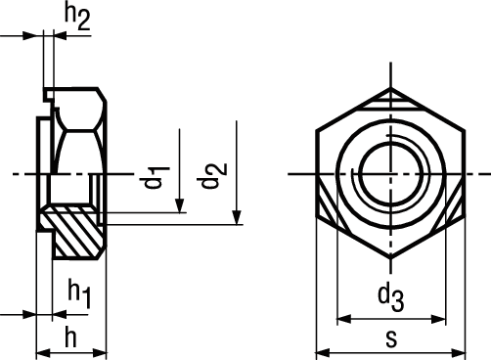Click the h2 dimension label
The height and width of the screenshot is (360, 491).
tap(77, 17)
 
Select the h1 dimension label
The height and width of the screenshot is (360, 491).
tap(79, 292)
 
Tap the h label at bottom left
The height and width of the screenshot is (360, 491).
tap(70, 337)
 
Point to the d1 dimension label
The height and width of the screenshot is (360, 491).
tap(156, 177)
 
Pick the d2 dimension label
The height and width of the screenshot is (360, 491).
tap(214, 175)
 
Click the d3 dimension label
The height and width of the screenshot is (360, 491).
tap(391, 297)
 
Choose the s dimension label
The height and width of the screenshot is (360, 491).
tap(391, 339)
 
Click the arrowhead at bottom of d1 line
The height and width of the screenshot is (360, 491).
tap(179, 205)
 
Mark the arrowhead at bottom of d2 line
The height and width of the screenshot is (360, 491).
tap(237, 217)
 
